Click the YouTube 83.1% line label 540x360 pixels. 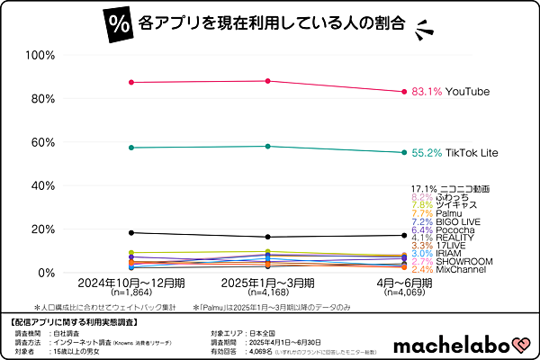(x=454, y=92)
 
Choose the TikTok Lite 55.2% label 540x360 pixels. (x=454, y=154)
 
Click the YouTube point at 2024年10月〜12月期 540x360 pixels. (x=131, y=82)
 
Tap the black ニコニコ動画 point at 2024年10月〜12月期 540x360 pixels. (x=131, y=233)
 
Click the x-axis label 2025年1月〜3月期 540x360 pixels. (x=267, y=283)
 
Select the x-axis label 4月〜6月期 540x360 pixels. (x=402, y=283)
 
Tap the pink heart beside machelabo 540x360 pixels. (x=519, y=344)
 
